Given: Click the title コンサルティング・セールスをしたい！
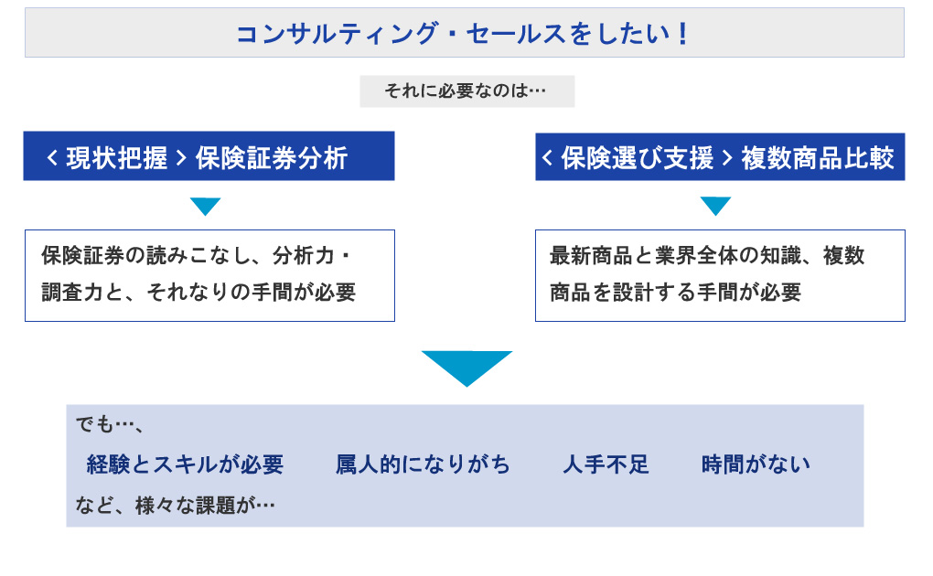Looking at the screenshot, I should tap(463, 34).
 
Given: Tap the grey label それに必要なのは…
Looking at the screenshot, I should tap(466, 91).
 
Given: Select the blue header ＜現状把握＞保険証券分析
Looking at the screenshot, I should tap(209, 157).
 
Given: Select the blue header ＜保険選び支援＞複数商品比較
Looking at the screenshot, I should tap(720, 157).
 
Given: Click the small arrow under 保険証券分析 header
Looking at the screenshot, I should tap(205, 206).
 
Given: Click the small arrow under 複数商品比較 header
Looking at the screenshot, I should tap(715, 206).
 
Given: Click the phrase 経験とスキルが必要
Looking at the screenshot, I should tap(185, 464).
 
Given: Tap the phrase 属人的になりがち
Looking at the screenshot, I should tap(423, 464).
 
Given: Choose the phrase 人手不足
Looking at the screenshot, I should tap(606, 464).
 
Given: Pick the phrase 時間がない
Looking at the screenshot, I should tap(756, 464).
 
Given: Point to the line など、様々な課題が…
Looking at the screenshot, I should tap(176, 504).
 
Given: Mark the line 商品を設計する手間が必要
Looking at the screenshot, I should tap(675, 293).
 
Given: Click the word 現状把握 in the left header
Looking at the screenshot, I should tap(116, 157).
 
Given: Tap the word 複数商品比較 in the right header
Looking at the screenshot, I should tap(817, 157).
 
